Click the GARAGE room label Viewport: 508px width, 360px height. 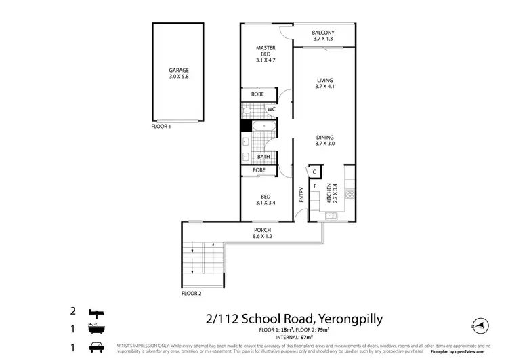pyautogui.click(x=179, y=70)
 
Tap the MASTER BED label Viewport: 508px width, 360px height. pyautogui.click(x=264, y=48)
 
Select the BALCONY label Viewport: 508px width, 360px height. pyautogui.click(x=324, y=33)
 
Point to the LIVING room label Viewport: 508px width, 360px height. pyautogui.click(x=324, y=80)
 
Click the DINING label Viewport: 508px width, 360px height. pyautogui.click(x=324, y=137)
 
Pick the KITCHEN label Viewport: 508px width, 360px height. pyautogui.click(x=330, y=193)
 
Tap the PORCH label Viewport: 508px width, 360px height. pyautogui.click(x=263, y=230)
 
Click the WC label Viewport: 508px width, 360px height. pyautogui.click(x=270, y=108)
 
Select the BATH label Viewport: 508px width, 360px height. pyautogui.click(x=263, y=157)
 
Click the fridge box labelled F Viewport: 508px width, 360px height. pyautogui.click(x=315, y=186)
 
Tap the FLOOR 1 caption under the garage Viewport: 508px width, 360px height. pyautogui.click(x=161, y=127)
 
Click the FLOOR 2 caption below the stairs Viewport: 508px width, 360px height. pyautogui.click(x=191, y=293)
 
